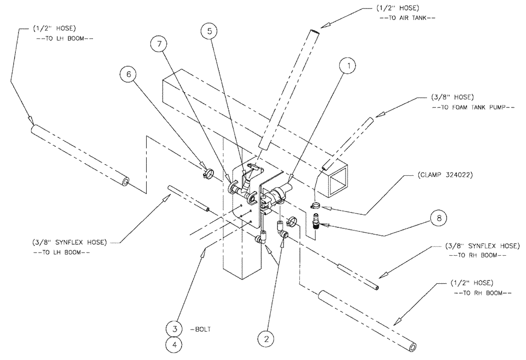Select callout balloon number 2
pos(267,335)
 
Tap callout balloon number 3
pos(174,328)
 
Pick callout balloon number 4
pos(174,346)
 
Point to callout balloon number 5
pos(209,31)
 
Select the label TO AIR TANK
pos(408,18)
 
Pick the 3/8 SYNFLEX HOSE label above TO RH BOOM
pos(478,245)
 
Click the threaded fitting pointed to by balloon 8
pos(317,219)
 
